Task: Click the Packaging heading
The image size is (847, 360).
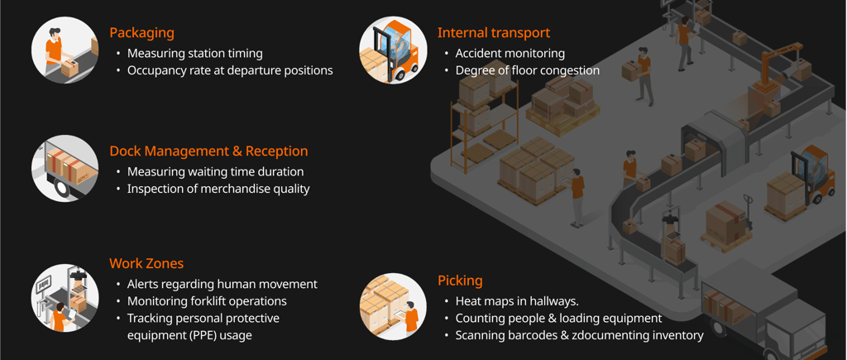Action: click(x=141, y=33)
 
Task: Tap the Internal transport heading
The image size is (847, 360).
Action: click(x=493, y=33)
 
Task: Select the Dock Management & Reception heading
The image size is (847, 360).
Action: click(x=208, y=151)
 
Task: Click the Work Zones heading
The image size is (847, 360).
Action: click(x=146, y=264)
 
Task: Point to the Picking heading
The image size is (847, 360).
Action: click(x=460, y=281)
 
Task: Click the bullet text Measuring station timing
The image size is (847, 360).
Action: click(x=194, y=54)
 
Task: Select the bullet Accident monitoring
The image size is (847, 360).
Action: click(x=510, y=54)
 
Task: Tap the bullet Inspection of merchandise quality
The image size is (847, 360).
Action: click(x=218, y=189)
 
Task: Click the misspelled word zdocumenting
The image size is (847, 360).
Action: click(x=605, y=335)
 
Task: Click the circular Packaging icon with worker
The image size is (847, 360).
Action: click(x=65, y=50)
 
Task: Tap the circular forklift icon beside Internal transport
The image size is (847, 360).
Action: click(x=393, y=50)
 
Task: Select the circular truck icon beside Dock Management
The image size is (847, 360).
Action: click(x=65, y=168)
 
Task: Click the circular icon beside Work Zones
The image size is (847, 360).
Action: click(x=65, y=299)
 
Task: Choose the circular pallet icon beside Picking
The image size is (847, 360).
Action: click(x=393, y=306)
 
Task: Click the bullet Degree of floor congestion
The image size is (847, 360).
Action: click(x=527, y=70)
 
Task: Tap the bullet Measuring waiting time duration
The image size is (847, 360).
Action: click(x=215, y=172)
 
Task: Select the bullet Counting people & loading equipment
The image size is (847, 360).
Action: click(x=558, y=318)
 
